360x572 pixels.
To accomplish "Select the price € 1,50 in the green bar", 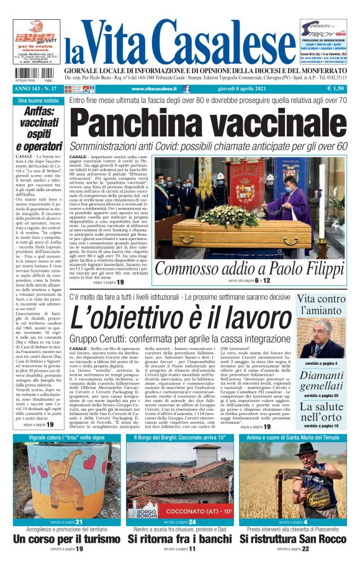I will pos(335,89).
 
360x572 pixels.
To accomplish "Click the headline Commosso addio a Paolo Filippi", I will pos(251,269).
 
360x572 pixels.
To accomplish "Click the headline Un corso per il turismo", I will pos(66,539).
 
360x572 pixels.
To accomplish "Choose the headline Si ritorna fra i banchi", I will pos(179,539).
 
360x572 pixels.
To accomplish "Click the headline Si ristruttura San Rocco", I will pos(293,539).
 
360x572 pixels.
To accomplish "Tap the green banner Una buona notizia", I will pos(38,100).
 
